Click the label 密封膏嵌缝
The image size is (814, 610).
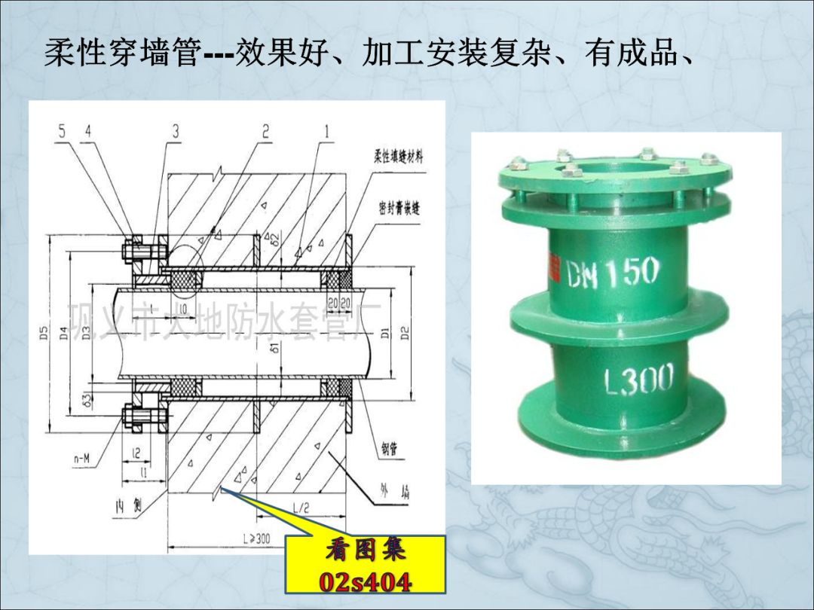coord(399,209)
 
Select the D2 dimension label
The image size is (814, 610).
coord(405,332)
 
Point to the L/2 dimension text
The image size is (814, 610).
coord(300,508)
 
